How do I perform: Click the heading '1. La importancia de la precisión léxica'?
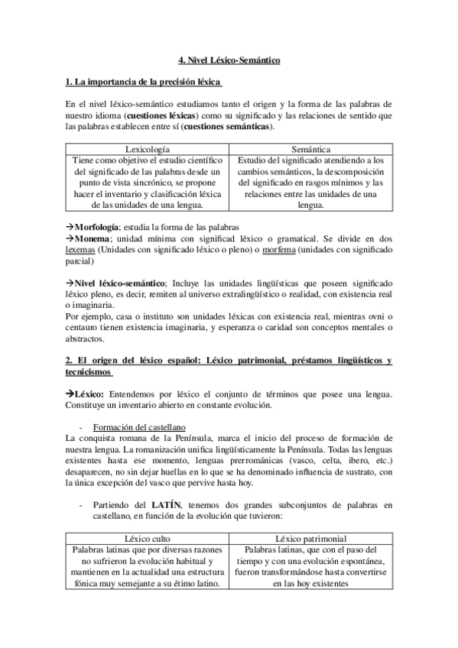click(x=145, y=82)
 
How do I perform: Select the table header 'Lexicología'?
click(x=147, y=150)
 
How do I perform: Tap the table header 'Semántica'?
click(x=310, y=150)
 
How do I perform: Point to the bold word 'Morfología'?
click(x=98, y=227)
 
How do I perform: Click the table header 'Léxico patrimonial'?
click(x=310, y=538)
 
